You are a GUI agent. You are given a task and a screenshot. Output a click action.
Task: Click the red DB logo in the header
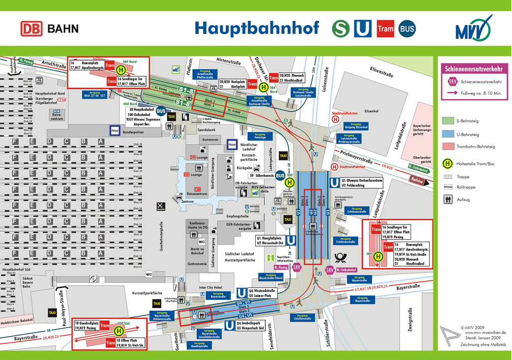coord(31,28)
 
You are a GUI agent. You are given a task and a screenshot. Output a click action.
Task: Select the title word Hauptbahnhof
coord(257,28)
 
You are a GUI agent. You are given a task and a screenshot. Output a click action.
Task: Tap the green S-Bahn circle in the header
coord(341,28)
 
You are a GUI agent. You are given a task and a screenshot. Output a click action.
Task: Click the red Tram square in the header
coord(385,28)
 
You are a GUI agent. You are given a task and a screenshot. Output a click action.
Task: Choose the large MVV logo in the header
coord(473,28)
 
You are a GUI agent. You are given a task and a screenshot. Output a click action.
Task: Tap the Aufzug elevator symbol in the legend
coord(448,200)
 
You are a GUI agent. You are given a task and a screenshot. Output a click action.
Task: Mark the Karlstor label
coord(417,180)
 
